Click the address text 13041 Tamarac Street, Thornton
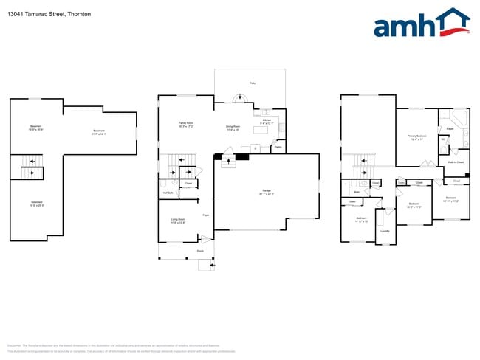tap(49, 13)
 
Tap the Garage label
tap(267, 192)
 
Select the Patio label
tap(252, 84)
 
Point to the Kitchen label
tap(267, 121)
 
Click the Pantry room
tap(278, 147)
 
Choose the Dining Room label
tap(232, 128)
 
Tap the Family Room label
tap(186, 124)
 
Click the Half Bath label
tap(168, 193)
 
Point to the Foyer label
tap(205, 215)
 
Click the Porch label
tap(200, 251)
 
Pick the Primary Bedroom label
tap(416, 137)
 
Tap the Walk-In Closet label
tap(455, 162)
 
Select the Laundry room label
tap(385, 231)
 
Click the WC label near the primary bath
tap(443, 139)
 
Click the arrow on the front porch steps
tap(212, 263)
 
